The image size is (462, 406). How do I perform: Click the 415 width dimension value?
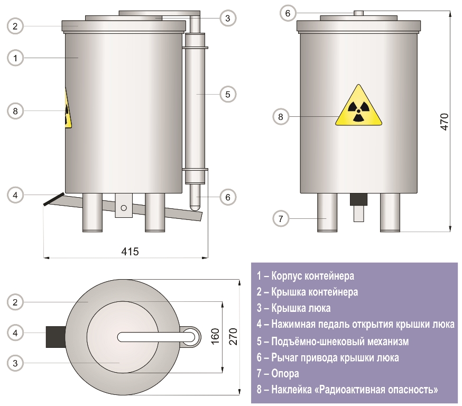coord(130,251)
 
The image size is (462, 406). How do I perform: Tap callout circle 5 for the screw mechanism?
coord(227,95)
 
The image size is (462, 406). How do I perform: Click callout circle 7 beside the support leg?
coord(281,218)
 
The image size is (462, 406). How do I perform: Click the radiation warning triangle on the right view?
coord(358,107)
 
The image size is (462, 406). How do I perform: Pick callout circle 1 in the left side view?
coord(16,58)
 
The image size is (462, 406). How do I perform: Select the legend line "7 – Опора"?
coord(278,374)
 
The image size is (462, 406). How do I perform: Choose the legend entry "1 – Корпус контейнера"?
coord(305,275)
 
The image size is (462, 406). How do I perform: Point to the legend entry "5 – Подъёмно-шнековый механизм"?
coord(332,341)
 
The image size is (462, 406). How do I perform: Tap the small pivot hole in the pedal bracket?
coord(124,208)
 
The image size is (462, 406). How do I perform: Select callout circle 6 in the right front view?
coord(288,13)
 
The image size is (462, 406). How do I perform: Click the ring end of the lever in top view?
coord(190,336)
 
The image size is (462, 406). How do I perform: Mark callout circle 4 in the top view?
coord(16,333)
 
